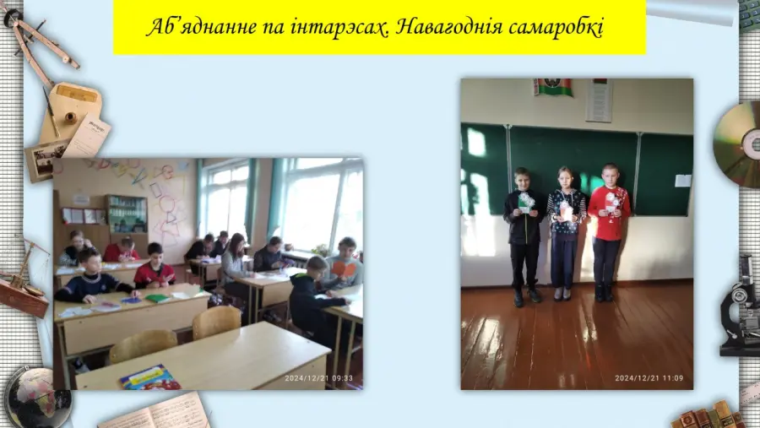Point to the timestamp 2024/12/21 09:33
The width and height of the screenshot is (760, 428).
[x=318, y=378]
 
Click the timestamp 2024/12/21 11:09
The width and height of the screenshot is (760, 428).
[x=649, y=378]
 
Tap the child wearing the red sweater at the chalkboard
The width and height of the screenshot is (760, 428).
[x=608, y=232]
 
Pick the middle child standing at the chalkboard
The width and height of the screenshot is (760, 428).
[x=565, y=234]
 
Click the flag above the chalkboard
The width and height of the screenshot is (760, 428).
[x=552, y=87]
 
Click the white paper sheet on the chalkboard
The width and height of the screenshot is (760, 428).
[x=683, y=181]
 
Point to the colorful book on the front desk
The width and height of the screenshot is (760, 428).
[x=150, y=378]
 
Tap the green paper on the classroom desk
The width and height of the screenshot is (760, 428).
[x=158, y=298]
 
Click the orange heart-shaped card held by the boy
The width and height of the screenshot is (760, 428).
[x=345, y=270]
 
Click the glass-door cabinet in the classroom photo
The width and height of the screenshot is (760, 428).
[x=127, y=214]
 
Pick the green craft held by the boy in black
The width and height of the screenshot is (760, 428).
[x=526, y=203]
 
